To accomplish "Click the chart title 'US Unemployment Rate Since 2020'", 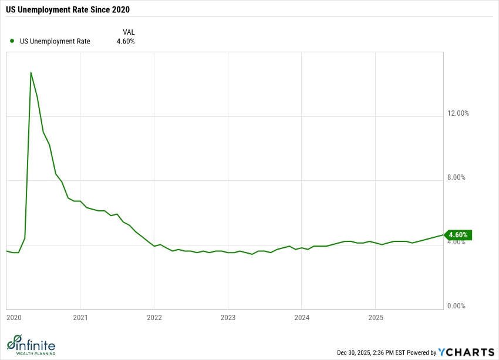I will click(68, 10).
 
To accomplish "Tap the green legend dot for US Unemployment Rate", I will click(12, 41).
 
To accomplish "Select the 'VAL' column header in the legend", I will click(129, 32).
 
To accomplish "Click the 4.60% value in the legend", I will click(125, 42).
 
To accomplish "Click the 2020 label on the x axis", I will click(14, 318).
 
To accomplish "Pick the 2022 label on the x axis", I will click(154, 318).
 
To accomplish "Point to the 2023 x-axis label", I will click(228, 318).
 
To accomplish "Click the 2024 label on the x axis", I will click(301, 318).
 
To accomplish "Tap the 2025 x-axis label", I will click(375, 318).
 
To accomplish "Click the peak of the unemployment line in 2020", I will click(31, 73).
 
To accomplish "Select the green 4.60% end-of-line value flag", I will click(458, 235).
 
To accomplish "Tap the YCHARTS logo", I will click(466, 352).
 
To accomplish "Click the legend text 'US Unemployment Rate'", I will click(55, 42).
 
